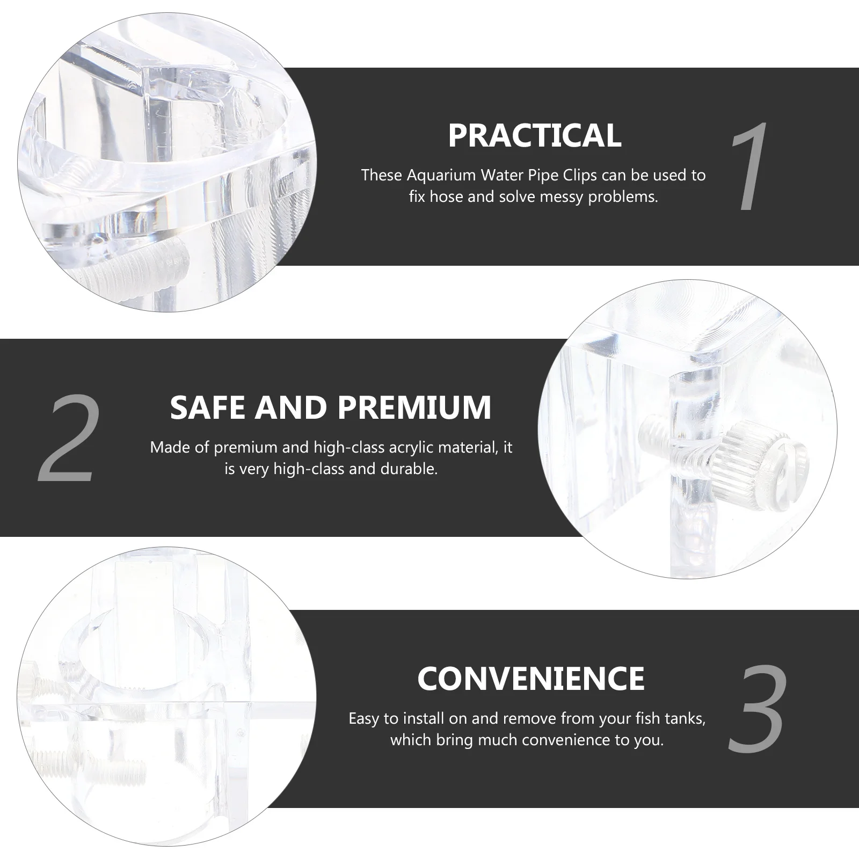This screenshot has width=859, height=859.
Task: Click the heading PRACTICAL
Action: (534, 135)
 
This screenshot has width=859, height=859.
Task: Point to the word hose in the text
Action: (448, 197)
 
